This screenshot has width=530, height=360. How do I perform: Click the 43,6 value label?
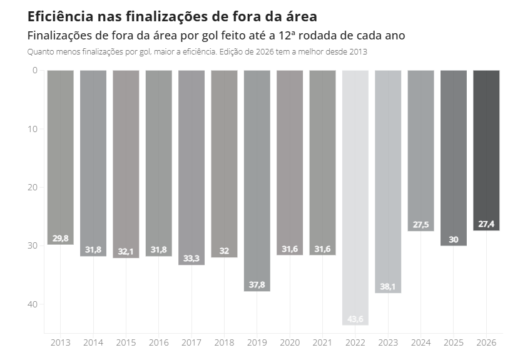point(355,319)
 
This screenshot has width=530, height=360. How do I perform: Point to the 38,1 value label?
point(388,287)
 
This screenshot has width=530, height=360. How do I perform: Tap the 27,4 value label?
point(486,224)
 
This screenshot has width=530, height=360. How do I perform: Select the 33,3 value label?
point(191,259)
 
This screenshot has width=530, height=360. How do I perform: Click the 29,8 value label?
point(61,239)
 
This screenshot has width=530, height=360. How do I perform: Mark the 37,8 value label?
point(257,285)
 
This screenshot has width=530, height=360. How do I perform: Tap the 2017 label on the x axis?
point(191,343)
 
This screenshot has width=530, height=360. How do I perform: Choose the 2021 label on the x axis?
point(322,343)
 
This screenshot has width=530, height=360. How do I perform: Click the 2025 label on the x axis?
point(453,343)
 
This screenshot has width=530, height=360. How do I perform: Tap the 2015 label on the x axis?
point(126,343)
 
